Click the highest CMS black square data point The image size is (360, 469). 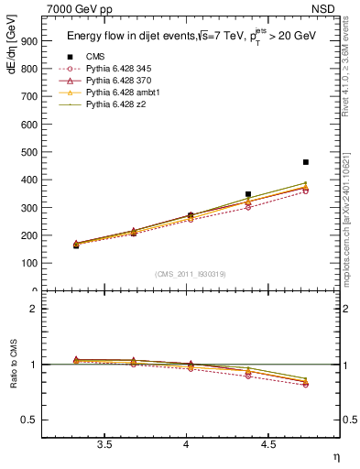pos(306,162)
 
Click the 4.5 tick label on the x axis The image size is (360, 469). pos(267,445)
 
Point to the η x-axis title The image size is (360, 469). pos(335,457)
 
